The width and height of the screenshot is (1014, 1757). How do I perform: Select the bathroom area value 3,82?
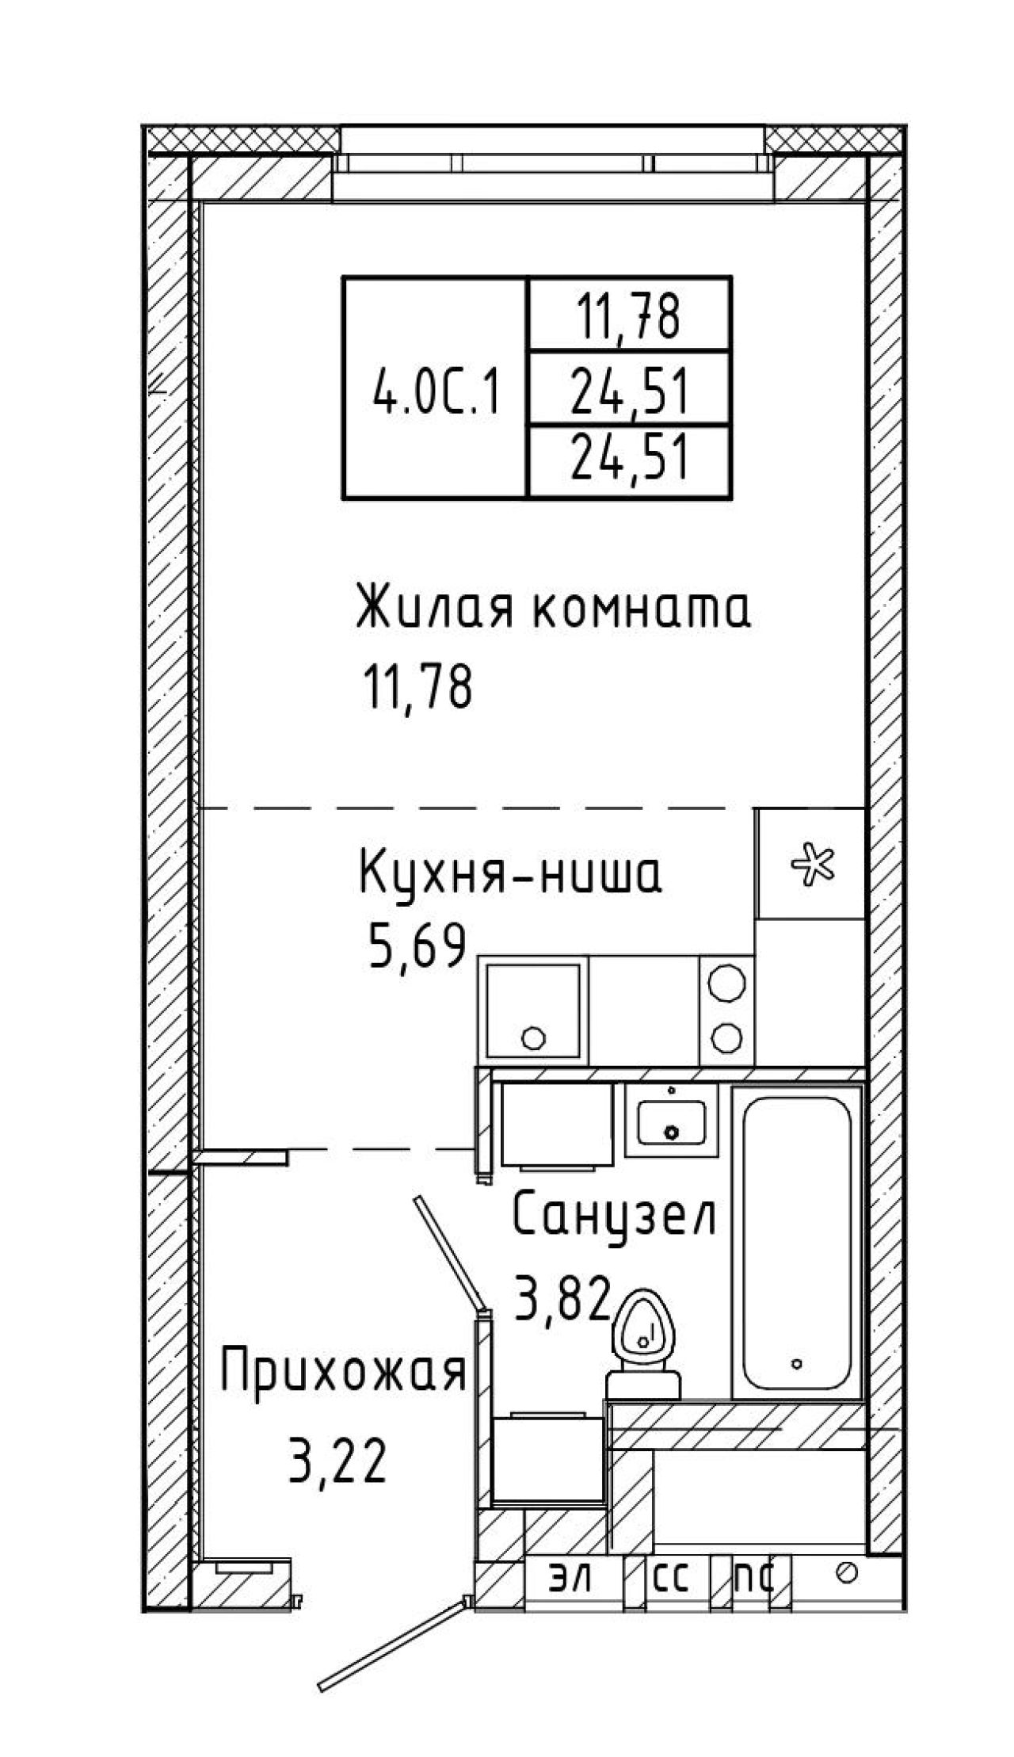point(563,1297)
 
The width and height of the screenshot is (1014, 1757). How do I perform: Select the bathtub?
point(797,1242)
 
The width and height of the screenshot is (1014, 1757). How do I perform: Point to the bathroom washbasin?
point(672,1121)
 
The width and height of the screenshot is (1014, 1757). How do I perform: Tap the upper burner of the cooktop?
point(726,984)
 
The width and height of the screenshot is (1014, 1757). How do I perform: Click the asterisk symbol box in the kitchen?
point(810,864)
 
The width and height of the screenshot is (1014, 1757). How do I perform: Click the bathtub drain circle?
point(797,1364)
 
